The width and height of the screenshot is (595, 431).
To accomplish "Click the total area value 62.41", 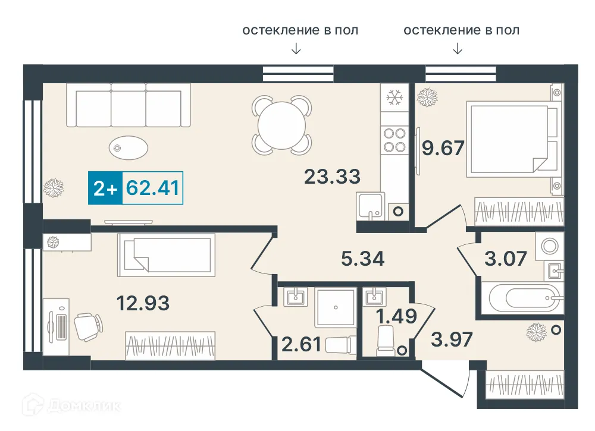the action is point(152,188).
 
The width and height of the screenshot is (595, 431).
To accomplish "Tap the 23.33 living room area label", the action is point(333,177).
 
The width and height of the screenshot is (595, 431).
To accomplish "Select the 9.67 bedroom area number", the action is point(443,148).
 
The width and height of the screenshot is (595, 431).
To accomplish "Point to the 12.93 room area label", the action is point(143,303).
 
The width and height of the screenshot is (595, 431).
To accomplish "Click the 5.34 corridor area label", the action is point(363,259).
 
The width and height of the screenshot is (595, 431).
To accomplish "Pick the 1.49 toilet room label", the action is point(396,316).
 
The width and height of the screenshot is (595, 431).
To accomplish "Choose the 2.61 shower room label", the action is point(302,345).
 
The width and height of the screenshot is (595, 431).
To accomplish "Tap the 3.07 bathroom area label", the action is point(506,259).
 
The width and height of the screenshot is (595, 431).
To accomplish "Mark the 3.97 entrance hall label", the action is point(452,339).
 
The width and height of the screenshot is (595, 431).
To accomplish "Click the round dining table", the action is point(282,125).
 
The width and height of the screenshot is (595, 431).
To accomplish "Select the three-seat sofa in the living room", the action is point(129,105).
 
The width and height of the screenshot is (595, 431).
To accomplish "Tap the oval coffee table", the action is point(129,147).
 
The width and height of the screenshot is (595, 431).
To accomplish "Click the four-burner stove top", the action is point(394,140).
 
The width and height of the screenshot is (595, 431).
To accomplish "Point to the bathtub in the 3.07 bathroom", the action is point(524,298).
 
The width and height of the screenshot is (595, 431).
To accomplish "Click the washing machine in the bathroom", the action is point(550,246).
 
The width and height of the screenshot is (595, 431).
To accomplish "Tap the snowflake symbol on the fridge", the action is point(394,98).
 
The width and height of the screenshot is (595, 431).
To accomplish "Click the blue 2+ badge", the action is point(105,188).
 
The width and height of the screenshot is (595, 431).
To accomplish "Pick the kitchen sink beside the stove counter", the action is point(371,206).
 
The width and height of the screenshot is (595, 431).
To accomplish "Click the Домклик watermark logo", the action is point(72,405).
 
